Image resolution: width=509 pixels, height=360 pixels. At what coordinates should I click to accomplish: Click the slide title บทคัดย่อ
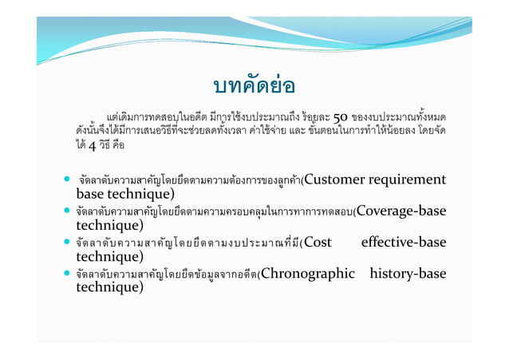pos(254,85)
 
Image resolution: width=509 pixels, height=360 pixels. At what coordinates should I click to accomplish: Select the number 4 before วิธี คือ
pos(92,147)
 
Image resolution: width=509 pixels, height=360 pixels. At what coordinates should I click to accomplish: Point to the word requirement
pos(408,179)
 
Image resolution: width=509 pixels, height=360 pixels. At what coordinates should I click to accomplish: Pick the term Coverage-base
pos(400,211)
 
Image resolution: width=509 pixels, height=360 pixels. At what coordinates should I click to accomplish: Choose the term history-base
pos(408,274)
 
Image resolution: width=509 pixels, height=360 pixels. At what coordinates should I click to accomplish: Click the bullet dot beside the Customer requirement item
pos(69,180)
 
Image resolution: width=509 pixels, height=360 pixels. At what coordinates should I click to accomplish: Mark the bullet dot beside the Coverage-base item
pos(69,212)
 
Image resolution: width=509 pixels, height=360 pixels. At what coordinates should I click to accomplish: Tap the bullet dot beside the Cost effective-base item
pos(69,243)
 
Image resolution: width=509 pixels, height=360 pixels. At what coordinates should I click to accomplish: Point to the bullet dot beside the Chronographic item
pos(69,275)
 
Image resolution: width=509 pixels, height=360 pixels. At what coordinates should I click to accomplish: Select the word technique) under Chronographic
pos(109,287)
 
